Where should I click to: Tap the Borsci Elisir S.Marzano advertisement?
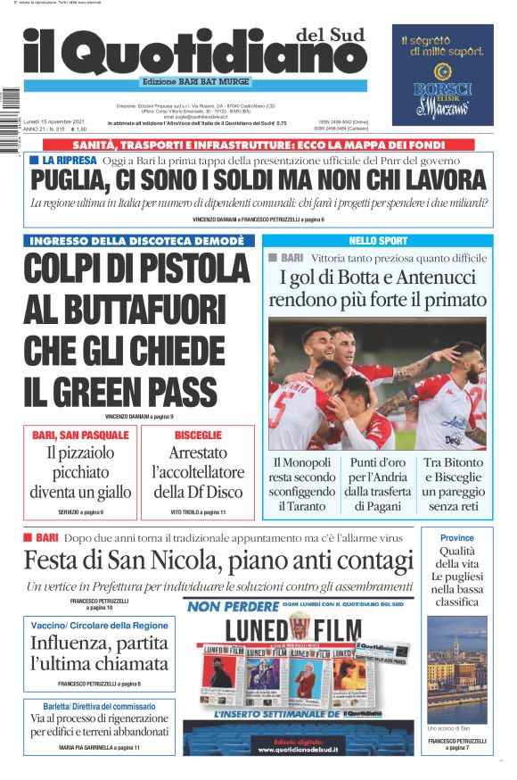[442, 75]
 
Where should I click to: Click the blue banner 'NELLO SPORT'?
[378, 241]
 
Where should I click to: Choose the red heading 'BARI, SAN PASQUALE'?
[80, 435]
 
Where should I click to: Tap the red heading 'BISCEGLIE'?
[198, 435]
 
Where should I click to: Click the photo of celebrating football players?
[378, 384]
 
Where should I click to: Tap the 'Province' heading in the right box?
[457, 538]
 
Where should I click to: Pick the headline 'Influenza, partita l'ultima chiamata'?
[99, 653]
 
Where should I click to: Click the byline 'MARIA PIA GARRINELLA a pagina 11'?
[99, 747]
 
